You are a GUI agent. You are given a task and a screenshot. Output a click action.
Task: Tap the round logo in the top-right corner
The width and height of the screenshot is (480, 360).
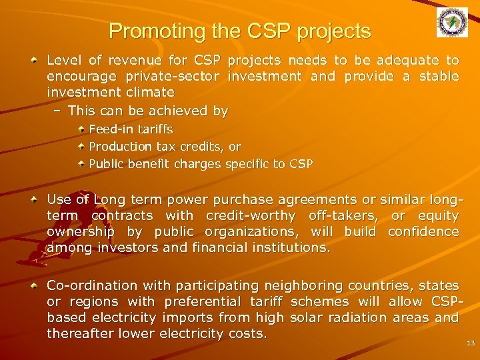[x=452, y=23]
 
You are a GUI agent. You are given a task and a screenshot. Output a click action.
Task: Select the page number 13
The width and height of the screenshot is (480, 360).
[x=471, y=343]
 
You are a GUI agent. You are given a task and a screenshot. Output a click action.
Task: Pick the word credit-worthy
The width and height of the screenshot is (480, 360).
[x=251, y=215]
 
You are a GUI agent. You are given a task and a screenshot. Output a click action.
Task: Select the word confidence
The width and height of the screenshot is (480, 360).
[x=423, y=231]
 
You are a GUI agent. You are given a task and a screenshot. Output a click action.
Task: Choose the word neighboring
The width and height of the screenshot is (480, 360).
[x=306, y=285]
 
